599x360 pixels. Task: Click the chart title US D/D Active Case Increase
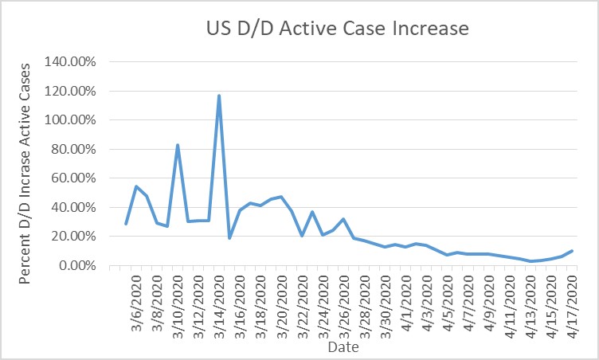coord(333,29)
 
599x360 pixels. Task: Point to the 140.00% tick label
coord(71,62)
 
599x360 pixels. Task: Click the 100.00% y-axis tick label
coord(71,120)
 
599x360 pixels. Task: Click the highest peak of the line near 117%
coord(219,96)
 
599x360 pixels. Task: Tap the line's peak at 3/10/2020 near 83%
coord(178,145)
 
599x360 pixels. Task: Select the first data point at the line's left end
coord(126,224)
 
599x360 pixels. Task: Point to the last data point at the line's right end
coord(572,251)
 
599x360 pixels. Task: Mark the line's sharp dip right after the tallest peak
coord(229,238)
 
